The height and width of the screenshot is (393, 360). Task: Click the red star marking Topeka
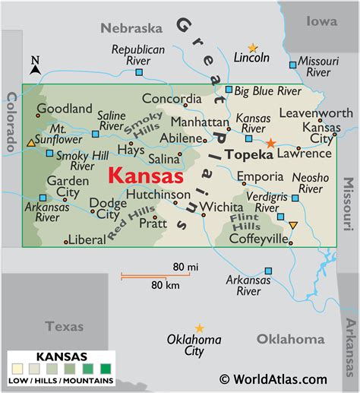(x=271, y=142)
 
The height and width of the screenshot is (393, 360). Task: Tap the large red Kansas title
(x=145, y=176)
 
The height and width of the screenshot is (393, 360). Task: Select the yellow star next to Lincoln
(x=253, y=47)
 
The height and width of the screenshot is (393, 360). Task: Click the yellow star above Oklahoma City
(x=199, y=328)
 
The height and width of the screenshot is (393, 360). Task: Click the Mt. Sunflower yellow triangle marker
(x=30, y=142)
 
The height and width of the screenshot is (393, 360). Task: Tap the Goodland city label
(x=65, y=109)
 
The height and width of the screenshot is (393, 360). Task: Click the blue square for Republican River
(x=139, y=72)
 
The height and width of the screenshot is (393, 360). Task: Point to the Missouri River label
(x=318, y=66)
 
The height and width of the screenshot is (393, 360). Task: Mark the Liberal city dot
(x=66, y=242)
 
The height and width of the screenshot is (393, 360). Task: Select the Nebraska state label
(x=131, y=28)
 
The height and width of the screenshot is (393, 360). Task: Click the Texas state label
(x=64, y=326)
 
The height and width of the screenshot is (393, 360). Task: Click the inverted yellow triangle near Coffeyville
(x=293, y=225)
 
